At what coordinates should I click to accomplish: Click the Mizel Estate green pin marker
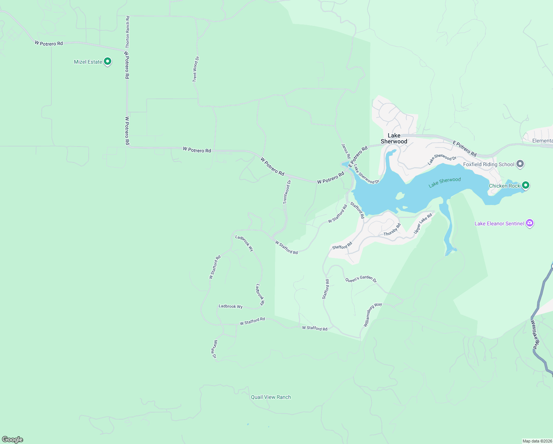pos(108,61)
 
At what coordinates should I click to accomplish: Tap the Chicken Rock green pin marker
pos(525,185)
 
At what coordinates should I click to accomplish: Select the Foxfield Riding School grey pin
pos(520,164)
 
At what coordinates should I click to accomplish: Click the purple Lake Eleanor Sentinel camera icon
pos(530,223)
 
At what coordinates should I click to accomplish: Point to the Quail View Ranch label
pos(271,397)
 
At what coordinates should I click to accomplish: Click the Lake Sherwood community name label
pos(394,138)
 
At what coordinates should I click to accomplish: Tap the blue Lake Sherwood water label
pos(445,182)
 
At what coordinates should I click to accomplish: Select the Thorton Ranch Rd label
pos(128,32)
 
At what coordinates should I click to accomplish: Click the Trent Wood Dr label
pos(196,69)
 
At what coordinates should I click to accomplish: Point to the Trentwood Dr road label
pos(287,192)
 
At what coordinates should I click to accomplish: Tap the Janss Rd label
pos(346,151)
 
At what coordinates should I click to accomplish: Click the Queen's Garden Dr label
pos(361,280)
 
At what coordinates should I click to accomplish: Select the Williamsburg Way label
pos(373,314)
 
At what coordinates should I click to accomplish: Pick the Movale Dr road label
pos(214,349)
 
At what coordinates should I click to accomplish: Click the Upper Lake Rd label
pos(423,223)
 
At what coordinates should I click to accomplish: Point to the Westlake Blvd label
pos(535,334)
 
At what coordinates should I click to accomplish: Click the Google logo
pos(13,440)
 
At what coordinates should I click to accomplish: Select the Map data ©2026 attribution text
pos(537,441)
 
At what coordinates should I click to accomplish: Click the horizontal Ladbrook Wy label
pos(231,306)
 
